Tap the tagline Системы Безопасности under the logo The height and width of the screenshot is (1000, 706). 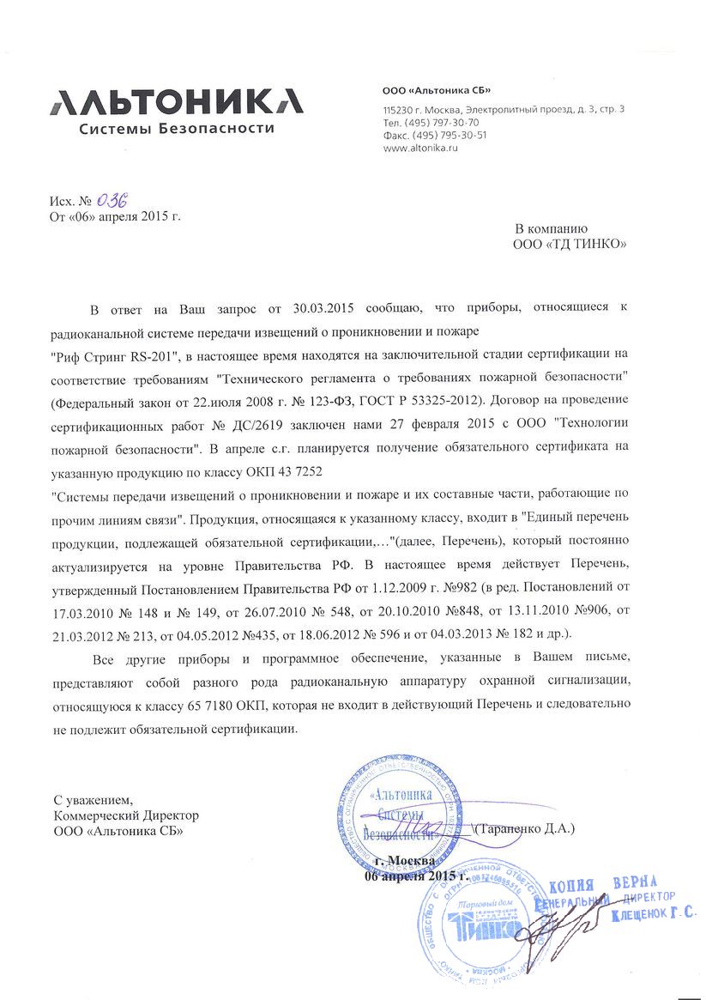point(177,129)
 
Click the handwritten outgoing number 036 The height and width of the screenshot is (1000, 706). point(112,202)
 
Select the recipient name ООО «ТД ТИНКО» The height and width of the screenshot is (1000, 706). point(570,244)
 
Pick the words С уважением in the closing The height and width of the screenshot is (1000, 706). point(94,799)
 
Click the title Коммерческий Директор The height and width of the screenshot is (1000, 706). point(126,815)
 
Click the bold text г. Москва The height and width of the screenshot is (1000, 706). point(407,861)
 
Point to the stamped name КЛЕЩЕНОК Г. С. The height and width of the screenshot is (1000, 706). point(655,916)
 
